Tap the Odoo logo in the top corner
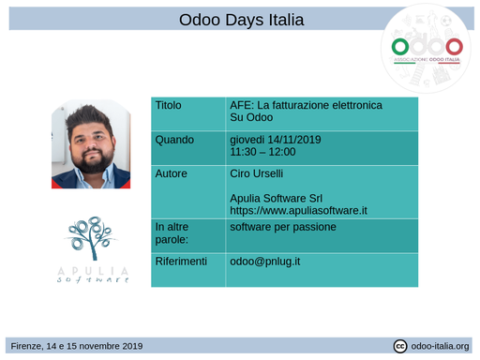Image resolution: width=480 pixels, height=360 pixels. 427,47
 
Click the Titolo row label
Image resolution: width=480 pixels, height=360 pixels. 170,106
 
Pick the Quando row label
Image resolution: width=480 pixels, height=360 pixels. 174,140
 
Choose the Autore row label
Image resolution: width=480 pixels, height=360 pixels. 172,173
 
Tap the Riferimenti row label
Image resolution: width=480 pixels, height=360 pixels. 181,261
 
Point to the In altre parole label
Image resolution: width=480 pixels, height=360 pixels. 172,233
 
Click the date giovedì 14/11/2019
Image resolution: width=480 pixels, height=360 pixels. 276,140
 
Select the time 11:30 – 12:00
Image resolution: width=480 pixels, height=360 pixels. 262,152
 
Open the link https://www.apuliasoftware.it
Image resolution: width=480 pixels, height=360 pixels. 298,211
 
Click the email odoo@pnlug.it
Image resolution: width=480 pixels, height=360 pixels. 264,261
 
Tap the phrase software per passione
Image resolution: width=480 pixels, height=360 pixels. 282,227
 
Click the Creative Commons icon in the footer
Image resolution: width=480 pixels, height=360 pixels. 400,346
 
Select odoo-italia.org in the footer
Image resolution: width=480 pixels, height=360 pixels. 441,346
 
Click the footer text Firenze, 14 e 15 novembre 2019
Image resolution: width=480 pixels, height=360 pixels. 77,346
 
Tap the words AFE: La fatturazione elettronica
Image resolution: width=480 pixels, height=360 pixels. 306,106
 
